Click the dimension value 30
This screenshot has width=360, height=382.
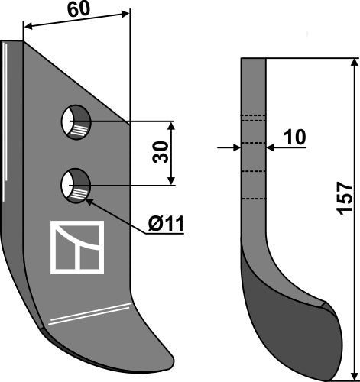(x=159, y=152)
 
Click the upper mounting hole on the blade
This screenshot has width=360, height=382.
(x=76, y=121)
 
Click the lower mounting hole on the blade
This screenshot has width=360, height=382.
(x=76, y=185)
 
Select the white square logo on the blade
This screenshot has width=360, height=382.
(x=76, y=248)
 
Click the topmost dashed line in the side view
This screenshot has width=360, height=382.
(x=254, y=116)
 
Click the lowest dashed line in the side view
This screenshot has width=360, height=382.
(x=254, y=199)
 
